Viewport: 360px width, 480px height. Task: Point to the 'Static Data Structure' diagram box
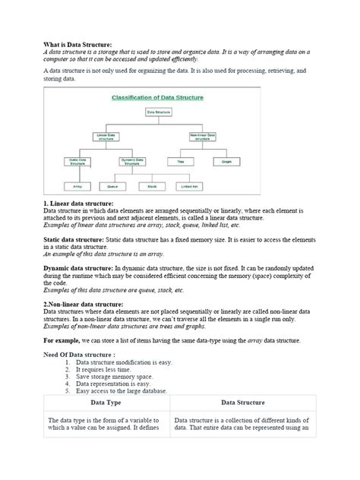77,161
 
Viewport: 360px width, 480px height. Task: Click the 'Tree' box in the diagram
181,161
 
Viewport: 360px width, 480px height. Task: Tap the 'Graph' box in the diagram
226,161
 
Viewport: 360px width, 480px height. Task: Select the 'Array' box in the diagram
77,185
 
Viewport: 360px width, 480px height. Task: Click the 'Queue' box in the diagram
112,185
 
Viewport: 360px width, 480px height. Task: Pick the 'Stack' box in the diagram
151,185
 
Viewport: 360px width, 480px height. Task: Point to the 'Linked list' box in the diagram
190,185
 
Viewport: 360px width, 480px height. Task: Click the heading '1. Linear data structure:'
78,204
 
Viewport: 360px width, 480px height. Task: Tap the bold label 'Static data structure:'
76,238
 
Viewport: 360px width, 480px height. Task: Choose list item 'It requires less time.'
104,370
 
